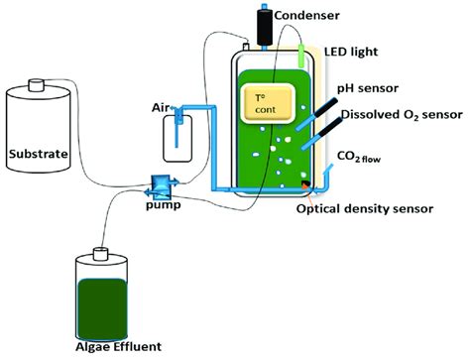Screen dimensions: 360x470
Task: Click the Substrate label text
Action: (x=37, y=154)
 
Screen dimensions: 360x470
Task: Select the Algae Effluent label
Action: (x=112, y=347)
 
